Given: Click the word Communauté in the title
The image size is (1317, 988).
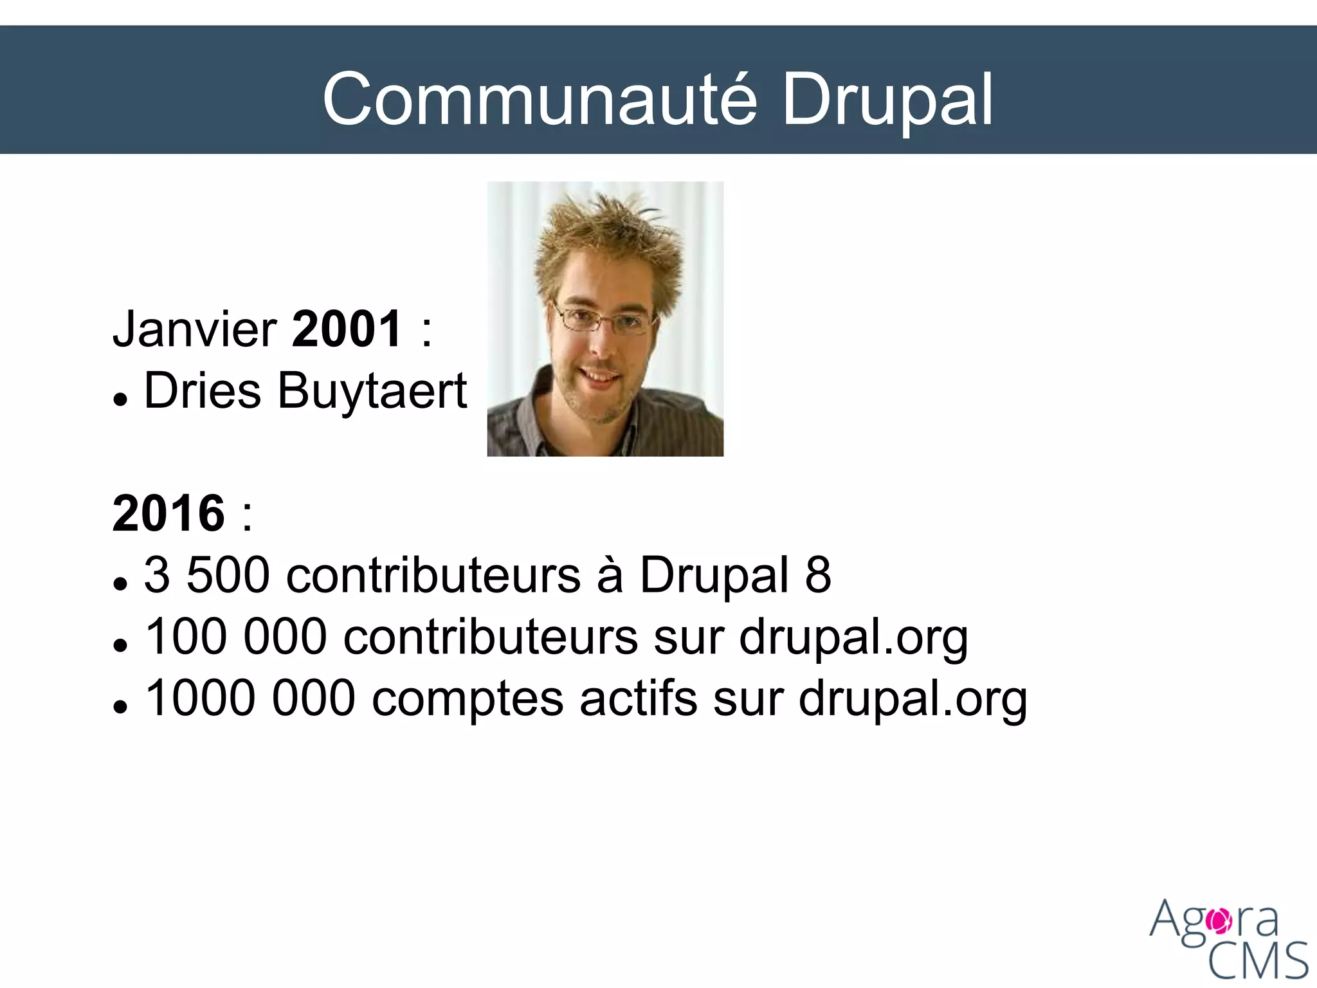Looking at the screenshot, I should tap(540, 100).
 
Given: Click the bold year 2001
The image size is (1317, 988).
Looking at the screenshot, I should tap(347, 329).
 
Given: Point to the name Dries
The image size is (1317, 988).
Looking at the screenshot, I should tap(203, 390).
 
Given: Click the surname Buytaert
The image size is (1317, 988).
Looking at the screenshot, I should tap(372, 392).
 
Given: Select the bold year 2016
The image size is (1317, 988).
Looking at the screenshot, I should tap(168, 513).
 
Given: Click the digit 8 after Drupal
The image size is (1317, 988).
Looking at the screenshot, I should tap(818, 574).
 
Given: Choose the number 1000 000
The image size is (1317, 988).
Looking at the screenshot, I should tap(250, 698).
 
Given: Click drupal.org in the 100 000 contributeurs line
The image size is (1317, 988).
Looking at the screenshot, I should tap(853, 637).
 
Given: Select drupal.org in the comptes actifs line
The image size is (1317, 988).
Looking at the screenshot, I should tap(913, 699).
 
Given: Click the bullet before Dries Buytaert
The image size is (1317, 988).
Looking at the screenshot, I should tap(120, 399).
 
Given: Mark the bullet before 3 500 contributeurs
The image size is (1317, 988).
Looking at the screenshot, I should tap(120, 583).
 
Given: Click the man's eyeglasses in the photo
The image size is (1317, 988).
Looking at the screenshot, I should tap(604, 318).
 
